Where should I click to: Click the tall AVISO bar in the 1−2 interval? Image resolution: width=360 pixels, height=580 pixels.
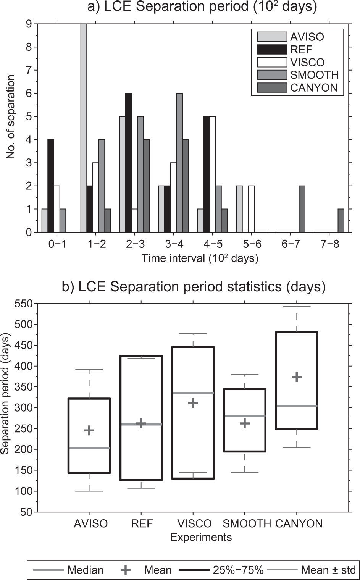(x=84, y=128)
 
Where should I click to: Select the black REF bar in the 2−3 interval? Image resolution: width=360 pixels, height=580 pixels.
(x=128, y=163)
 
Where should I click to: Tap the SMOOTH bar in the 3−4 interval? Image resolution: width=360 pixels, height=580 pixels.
(x=179, y=163)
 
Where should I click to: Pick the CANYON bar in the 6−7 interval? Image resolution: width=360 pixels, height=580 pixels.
(x=302, y=209)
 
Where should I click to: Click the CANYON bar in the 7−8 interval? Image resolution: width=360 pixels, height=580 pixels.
(x=341, y=221)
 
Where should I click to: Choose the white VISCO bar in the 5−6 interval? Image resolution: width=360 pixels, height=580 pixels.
(x=251, y=209)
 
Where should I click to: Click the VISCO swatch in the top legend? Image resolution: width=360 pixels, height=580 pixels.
(x=272, y=62)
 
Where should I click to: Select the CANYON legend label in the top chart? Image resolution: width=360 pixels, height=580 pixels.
(x=314, y=88)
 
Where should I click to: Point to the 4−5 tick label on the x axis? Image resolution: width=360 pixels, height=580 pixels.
(x=213, y=244)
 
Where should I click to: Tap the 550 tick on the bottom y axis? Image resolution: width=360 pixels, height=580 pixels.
(x=24, y=304)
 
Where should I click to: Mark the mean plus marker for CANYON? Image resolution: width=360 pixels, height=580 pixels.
(x=297, y=377)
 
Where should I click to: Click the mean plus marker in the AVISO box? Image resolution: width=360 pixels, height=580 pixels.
(x=89, y=430)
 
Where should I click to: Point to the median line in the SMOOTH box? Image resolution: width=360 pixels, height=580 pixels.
(x=245, y=416)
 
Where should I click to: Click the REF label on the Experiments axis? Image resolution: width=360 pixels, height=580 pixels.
(x=142, y=523)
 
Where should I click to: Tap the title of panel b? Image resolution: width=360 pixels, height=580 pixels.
(x=194, y=287)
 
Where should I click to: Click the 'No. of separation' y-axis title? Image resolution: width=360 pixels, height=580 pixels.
(x=11, y=117)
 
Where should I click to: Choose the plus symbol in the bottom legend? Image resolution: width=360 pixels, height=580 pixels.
(x=126, y=570)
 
